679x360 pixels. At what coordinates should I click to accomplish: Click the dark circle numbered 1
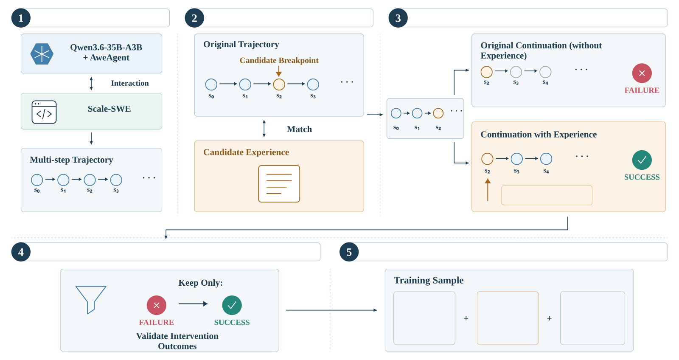[x=21, y=18]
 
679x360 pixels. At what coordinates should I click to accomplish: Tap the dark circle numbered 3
[x=398, y=18]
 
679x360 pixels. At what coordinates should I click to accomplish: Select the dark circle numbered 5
[x=349, y=252]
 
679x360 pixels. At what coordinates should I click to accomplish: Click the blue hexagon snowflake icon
[x=42, y=54]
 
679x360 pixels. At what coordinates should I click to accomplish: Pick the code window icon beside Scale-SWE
[x=44, y=112]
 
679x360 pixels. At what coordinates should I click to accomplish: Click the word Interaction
[x=130, y=83]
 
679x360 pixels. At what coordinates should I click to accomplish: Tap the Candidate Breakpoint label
[x=279, y=60]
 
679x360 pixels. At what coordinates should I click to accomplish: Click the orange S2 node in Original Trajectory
[x=279, y=84]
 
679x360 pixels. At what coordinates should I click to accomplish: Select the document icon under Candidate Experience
[x=279, y=184]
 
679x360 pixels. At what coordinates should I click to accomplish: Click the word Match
[x=299, y=129]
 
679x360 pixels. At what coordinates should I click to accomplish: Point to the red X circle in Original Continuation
[x=642, y=73]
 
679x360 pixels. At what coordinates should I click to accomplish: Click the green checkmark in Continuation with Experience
[x=642, y=160]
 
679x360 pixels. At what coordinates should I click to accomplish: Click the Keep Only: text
[x=200, y=283]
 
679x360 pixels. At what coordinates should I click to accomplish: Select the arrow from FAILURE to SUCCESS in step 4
[x=193, y=304]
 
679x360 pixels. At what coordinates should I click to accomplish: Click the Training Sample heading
[x=429, y=280]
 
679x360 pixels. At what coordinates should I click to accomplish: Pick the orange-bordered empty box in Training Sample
[x=508, y=318]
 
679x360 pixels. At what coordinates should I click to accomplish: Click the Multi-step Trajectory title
[x=71, y=160]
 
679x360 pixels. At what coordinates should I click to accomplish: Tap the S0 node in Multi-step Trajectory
[x=37, y=180]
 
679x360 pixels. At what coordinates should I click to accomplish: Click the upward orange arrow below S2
[x=488, y=190]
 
